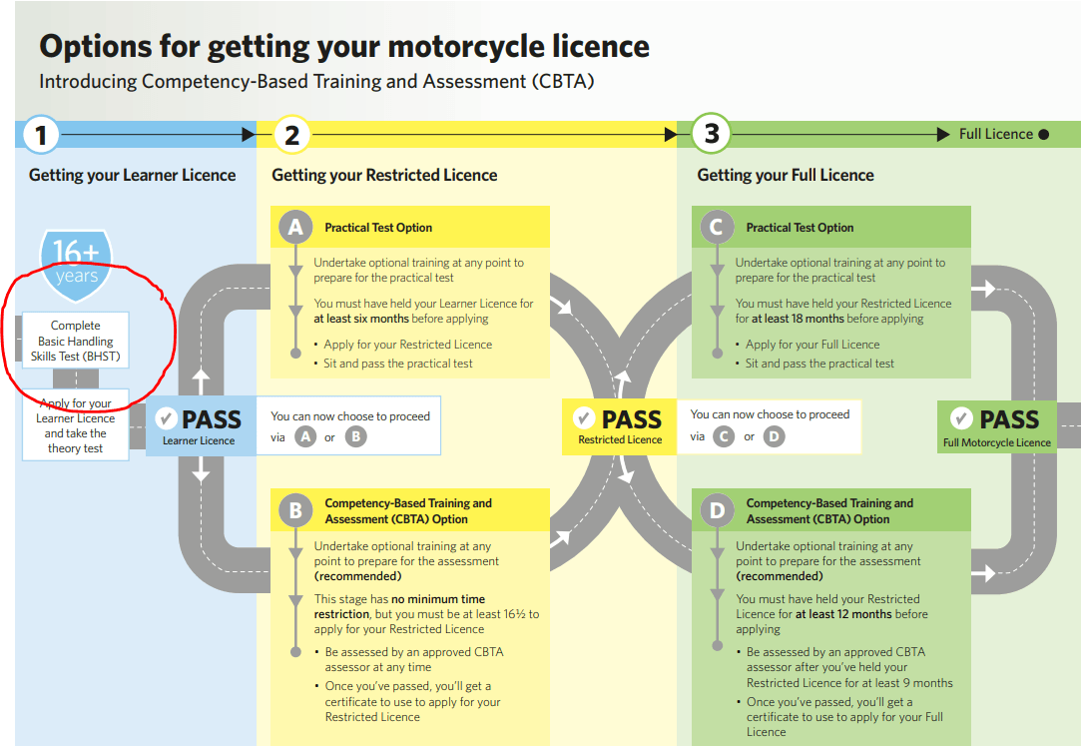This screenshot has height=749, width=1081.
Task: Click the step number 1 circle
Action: point(41,135)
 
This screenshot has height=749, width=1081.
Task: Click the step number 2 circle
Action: point(291,135)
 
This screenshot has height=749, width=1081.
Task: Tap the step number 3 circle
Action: point(711,133)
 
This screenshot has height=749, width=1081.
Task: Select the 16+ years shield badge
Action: point(76,266)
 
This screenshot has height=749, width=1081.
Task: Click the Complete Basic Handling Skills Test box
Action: point(76,341)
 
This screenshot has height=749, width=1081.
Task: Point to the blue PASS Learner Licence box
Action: point(201,425)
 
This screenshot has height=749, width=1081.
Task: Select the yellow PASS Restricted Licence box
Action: point(619,426)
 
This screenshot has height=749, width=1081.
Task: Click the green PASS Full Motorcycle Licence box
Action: point(997,426)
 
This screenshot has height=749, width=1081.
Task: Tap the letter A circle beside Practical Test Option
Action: point(295,227)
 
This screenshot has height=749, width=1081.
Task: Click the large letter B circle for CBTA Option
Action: point(295,510)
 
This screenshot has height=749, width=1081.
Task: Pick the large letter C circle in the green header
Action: point(717,227)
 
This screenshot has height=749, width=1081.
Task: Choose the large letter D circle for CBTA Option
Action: point(717,510)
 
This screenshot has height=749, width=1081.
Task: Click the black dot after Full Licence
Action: point(1044,135)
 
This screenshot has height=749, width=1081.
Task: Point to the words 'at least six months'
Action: point(361,319)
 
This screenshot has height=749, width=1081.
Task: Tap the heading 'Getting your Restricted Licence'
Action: point(384,175)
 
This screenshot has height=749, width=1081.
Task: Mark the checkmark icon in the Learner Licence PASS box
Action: point(166,418)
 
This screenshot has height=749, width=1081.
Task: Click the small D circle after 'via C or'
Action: point(775,436)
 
